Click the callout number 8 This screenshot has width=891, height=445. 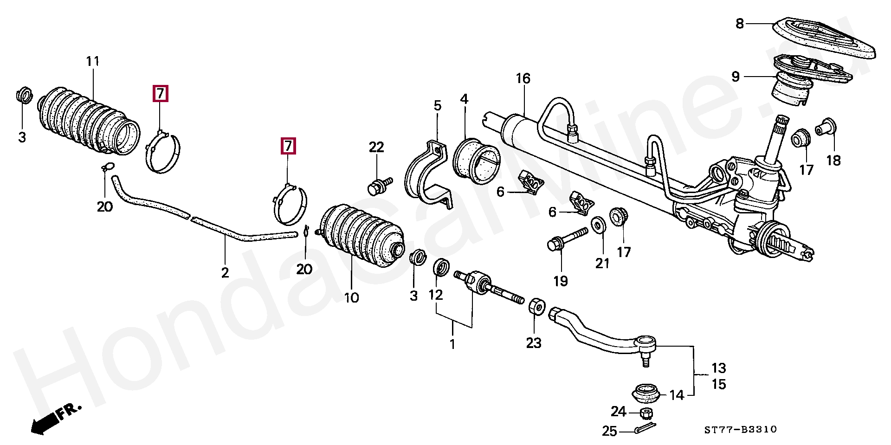pos(740,23)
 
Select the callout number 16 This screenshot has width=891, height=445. pos(523,78)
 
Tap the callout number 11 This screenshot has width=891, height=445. pos(93,61)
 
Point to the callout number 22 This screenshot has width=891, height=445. pos(376,147)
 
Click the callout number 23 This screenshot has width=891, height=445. pos(534,343)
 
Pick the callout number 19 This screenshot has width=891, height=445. pos(561,281)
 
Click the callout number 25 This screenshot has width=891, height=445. pos(610,431)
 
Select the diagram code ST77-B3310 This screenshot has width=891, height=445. pos(740,430)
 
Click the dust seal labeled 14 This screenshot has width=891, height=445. pos(646,393)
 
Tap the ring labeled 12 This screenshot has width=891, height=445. pos(441,268)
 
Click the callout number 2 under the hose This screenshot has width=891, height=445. pos(225,272)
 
